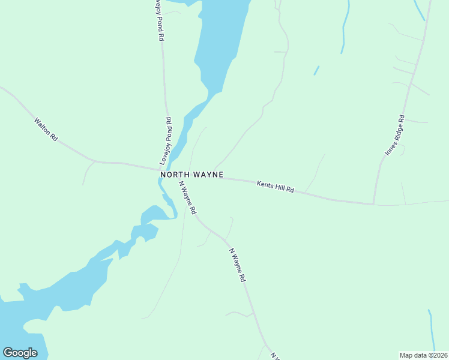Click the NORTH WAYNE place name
click(192, 175)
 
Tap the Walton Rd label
click(46, 129)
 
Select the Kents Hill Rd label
click(275, 187)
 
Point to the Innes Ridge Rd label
click(395, 136)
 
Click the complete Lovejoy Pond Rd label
click(166, 141)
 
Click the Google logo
click(20, 353)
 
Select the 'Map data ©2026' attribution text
click(423, 355)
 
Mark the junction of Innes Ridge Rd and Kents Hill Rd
click(373, 204)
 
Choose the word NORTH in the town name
click(175, 175)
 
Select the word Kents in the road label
click(265, 185)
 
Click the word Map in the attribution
click(406, 355)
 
